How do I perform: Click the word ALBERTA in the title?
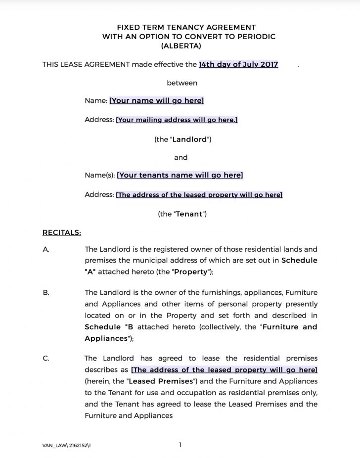point(181,46)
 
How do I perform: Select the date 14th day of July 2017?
point(238,64)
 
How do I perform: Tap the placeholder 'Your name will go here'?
point(156,100)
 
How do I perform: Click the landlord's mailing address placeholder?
point(177,120)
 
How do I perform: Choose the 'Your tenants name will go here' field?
point(180,175)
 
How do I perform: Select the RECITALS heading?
point(62,232)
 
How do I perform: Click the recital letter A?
point(46,249)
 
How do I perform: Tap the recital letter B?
point(46,293)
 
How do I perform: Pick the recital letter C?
point(46,359)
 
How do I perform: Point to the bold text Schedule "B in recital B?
point(109,327)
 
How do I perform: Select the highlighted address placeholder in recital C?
point(224,370)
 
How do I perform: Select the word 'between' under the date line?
point(182,83)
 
